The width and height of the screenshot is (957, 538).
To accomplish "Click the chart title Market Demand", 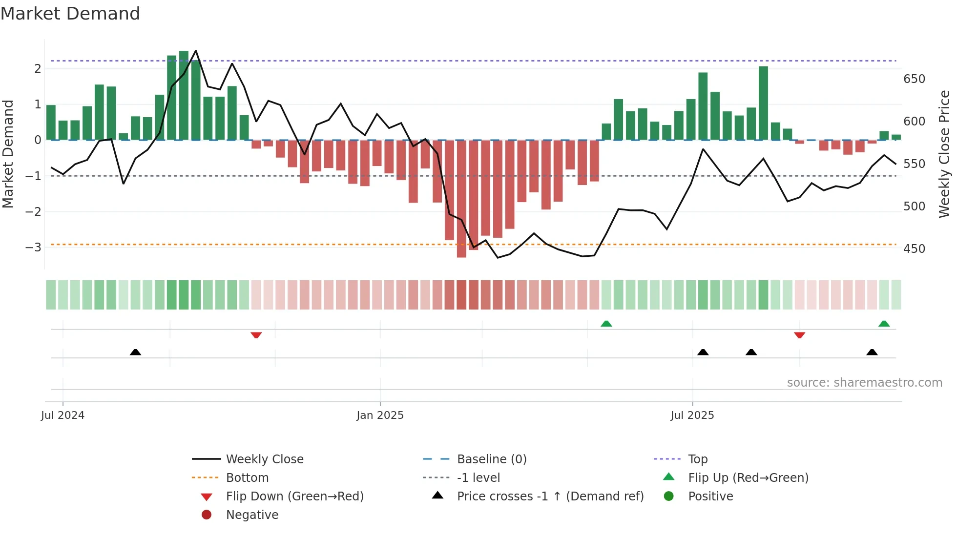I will coord(70,14).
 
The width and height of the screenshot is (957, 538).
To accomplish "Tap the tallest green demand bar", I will coord(184,95).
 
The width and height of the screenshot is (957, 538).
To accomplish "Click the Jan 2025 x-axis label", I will coord(380,415).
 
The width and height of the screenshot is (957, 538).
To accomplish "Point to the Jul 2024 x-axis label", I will coord(62,415).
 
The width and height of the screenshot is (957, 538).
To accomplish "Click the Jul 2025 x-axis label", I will coord(692,415).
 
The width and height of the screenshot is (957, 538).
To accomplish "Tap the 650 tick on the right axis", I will coord(914,79).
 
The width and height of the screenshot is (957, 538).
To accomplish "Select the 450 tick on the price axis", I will coord(914,249).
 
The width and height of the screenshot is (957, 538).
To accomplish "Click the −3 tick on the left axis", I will coord(33,247).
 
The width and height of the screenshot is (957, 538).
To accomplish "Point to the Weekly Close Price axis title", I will coord(944,154).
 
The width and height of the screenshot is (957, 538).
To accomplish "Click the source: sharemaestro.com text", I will coord(864,383).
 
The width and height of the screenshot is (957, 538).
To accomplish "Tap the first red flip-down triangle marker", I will coord(256,335).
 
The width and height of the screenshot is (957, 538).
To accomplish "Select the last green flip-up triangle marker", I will coord(884,324).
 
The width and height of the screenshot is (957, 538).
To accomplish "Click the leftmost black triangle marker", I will coord(135,352).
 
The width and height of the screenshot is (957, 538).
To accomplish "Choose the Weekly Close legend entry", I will coord(264,459).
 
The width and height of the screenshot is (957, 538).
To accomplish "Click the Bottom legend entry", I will coord(247,478).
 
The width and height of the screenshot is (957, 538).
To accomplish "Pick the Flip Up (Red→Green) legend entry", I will coord(748,478).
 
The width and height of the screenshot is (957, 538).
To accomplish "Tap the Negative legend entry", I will coord(252,515).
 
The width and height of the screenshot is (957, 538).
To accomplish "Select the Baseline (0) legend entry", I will coord(491,459).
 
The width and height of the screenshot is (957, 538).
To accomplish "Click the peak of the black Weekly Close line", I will coord(196,51).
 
